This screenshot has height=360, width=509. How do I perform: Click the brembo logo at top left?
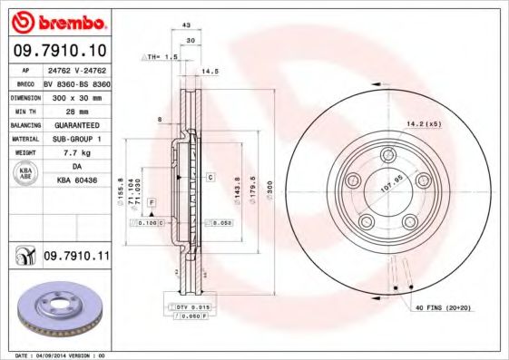[x=56, y=19]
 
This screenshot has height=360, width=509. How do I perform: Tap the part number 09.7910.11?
[x=76, y=258]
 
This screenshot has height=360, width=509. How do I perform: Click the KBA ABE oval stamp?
[x=24, y=175]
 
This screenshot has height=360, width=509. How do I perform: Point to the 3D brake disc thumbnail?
[x=56, y=310]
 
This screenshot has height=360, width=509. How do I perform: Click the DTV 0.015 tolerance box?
[x=191, y=308]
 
